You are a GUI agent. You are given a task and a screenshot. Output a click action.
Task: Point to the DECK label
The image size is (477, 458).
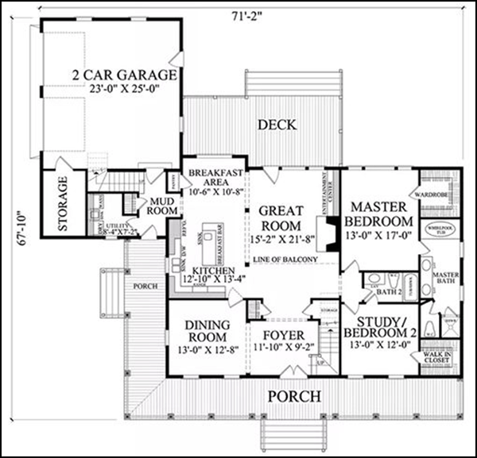point(276,125)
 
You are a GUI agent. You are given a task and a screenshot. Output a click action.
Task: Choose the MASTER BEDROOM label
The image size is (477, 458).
point(380,212)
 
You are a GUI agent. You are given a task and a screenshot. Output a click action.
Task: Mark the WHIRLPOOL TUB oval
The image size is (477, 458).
point(438,231)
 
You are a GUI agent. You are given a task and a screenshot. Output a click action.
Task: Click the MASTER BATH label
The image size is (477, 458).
point(446,279)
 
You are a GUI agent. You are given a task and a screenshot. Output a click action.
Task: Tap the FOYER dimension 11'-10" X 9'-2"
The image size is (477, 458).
point(283,347)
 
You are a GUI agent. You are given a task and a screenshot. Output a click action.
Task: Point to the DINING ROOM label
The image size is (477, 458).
point(207,330)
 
